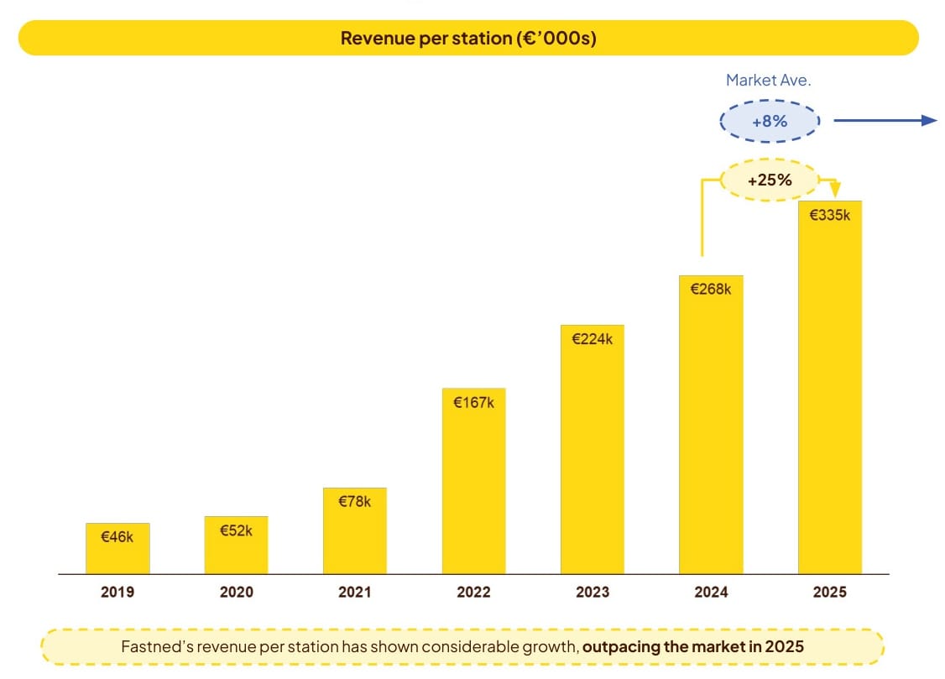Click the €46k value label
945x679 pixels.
click(117, 537)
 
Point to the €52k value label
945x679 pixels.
click(236, 530)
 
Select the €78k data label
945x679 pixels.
click(354, 502)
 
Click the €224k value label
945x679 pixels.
click(593, 339)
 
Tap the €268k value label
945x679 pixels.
click(711, 289)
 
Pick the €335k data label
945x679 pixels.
click(829, 215)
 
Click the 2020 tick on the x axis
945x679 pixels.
click(236, 592)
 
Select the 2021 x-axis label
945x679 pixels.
click(354, 592)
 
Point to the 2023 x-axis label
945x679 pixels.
click(593, 592)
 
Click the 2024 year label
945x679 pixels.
click(711, 592)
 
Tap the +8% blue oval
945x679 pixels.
click(769, 121)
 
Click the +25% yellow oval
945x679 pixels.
click(769, 180)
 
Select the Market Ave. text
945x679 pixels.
click(768, 81)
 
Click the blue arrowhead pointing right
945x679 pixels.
click(928, 120)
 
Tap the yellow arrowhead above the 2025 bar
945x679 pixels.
click(834, 191)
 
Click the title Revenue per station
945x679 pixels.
click(467, 39)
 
